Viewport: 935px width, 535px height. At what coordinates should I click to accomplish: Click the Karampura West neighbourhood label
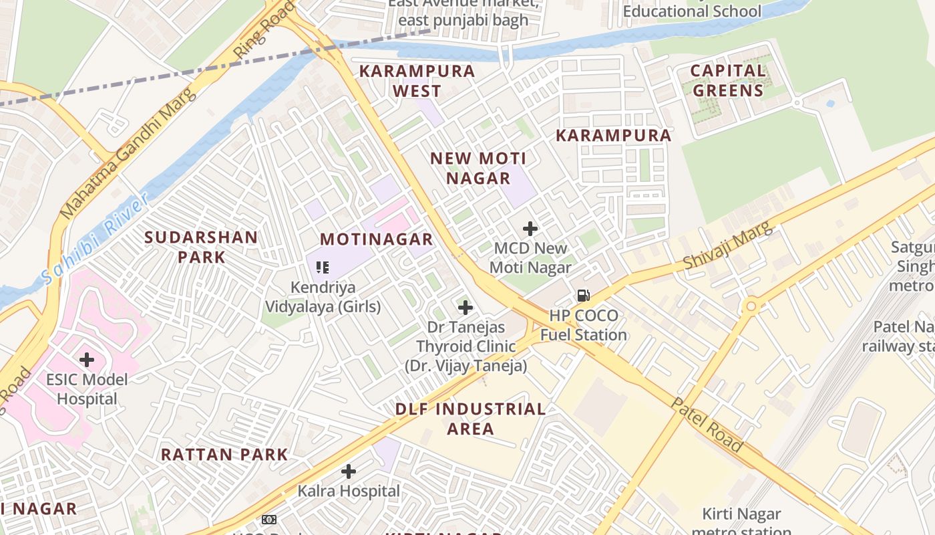click(x=417, y=80)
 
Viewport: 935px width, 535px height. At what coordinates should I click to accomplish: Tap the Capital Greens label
click(x=727, y=80)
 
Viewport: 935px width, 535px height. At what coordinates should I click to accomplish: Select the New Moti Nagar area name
click(x=478, y=169)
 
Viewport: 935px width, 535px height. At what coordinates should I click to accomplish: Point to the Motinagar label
click(x=376, y=239)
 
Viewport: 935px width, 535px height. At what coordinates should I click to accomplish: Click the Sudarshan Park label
click(x=201, y=247)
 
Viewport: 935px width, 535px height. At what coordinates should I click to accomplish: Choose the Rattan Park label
click(x=224, y=455)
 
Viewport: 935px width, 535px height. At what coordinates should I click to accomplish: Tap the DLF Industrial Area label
click(x=470, y=419)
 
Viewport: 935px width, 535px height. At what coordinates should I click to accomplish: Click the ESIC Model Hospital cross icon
click(x=87, y=360)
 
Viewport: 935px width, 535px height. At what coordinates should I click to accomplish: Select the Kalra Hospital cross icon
click(x=348, y=471)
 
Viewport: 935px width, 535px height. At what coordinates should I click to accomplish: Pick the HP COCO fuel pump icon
click(x=583, y=295)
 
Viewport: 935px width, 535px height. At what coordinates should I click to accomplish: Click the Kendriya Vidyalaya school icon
click(x=323, y=267)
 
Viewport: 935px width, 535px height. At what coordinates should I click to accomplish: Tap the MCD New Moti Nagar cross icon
click(x=530, y=229)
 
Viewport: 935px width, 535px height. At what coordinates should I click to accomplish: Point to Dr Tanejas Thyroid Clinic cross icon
click(x=465, y=308)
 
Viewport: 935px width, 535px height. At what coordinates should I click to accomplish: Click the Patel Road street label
click(x=707, y=425)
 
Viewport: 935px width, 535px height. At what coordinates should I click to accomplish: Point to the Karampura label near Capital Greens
click(x=613, y=135)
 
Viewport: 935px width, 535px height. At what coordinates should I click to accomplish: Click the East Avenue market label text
click(x=463, y=11)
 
